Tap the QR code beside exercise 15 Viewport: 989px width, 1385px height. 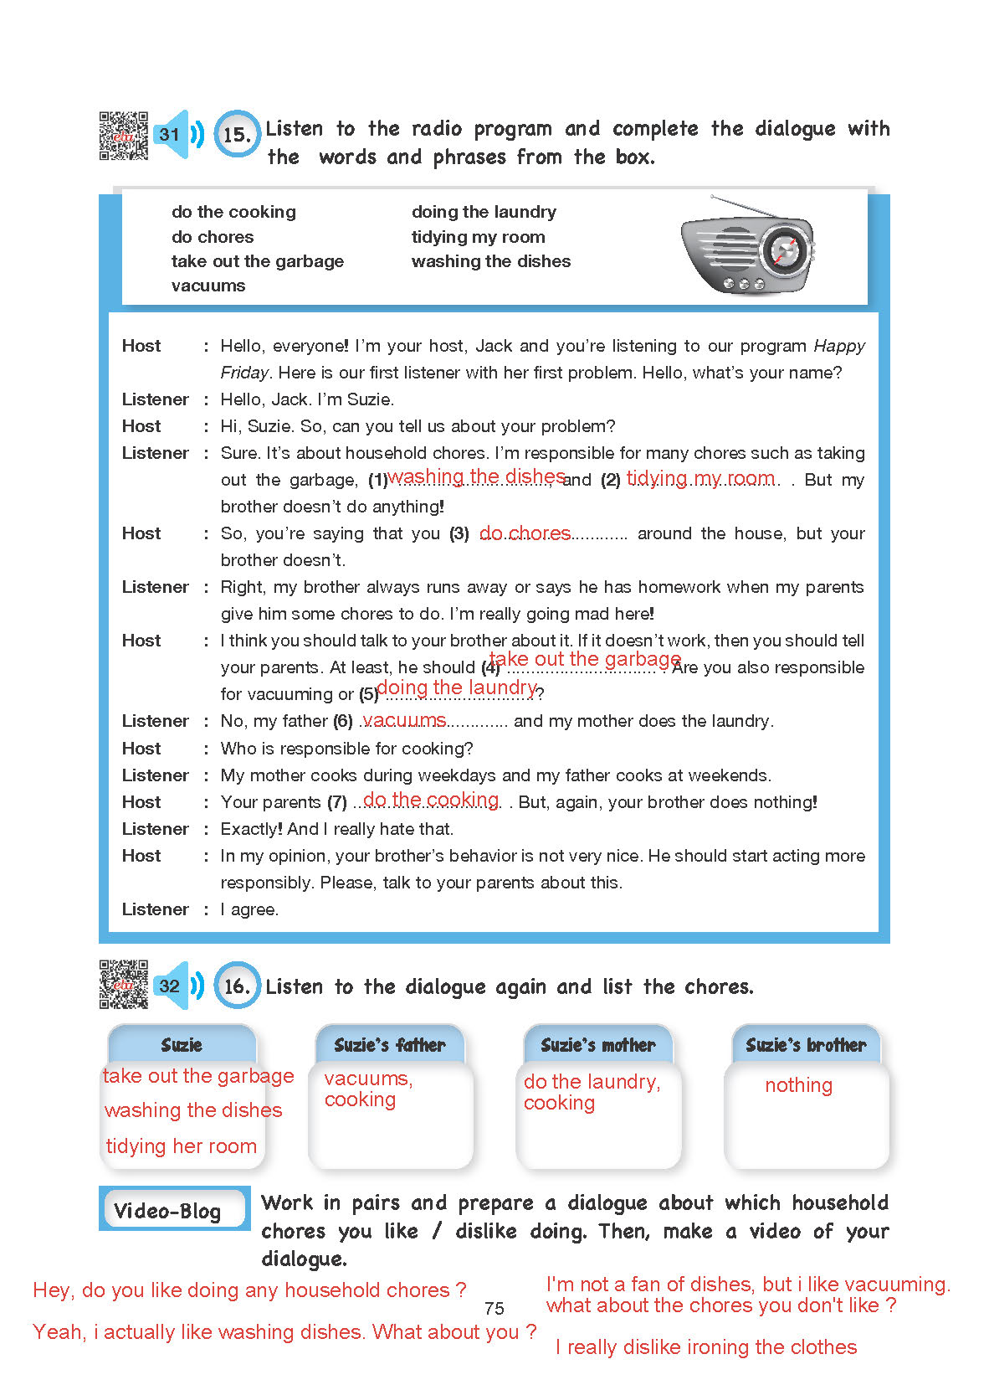tap(123, 135)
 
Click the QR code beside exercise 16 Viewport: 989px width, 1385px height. tap(123, 984)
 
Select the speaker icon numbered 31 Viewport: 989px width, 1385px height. tap(177, 134)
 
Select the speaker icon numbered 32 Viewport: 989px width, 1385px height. tap(177, 986)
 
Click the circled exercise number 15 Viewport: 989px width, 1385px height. tap(237, 134)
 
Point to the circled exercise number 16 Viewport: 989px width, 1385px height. tap(237, 986)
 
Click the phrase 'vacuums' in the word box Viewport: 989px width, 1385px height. tap(208, 286)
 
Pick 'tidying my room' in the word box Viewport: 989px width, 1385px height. tap(478, 237)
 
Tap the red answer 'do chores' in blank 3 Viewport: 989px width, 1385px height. tap(525, 533)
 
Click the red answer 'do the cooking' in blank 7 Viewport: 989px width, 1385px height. tap(431, 800)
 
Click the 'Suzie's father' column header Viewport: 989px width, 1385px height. tap(390, 1044)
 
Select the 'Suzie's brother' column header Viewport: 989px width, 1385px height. tap(806, 1044)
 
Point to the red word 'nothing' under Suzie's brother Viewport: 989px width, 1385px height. tap(798, 1085)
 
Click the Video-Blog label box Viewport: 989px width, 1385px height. tap(174, 1209)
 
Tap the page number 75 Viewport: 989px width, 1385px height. tap(494, 1308)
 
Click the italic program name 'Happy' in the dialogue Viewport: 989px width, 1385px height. tap(839, 346)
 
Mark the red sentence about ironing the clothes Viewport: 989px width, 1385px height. tap(706, 1346)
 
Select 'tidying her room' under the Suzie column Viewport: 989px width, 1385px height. tap(181, 1146)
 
